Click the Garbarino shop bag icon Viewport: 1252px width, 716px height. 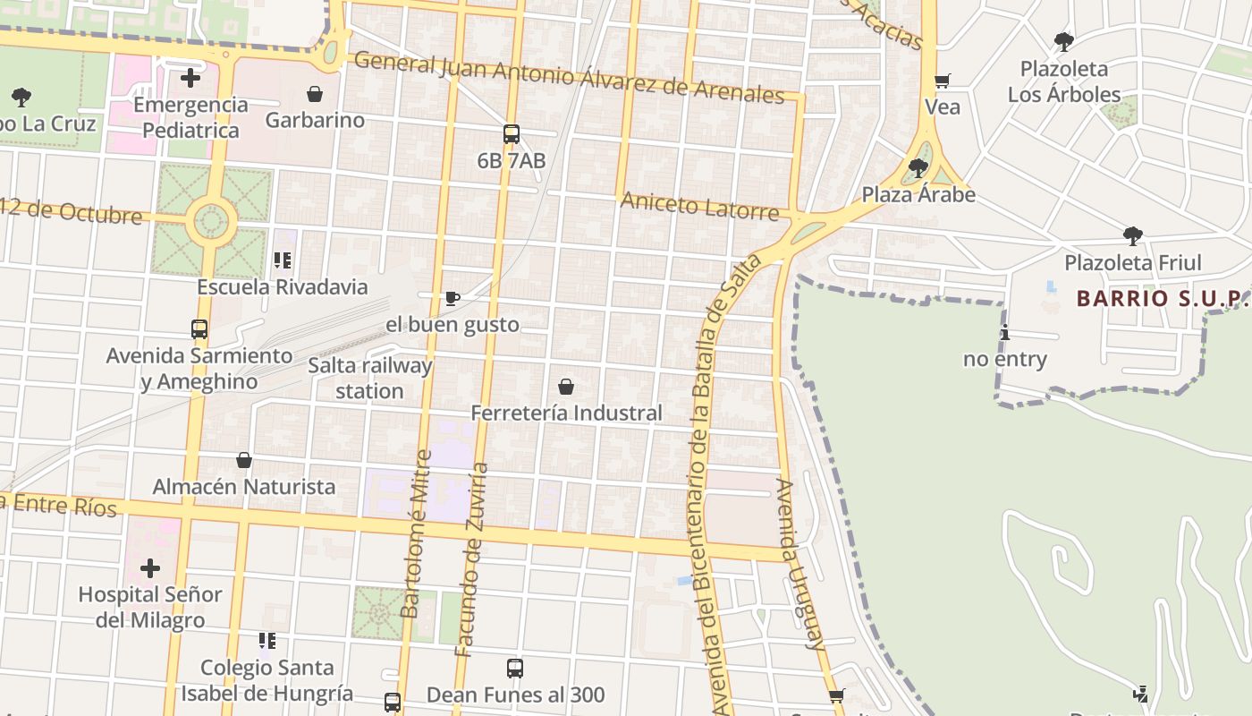pyautogui.click(x=315, y=94)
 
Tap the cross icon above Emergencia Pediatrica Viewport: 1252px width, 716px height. pyautogui.click(x=190, y=78)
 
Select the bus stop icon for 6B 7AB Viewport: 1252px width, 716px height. pyautogui.click(x=512, y=135)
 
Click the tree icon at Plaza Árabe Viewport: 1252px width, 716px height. pyautogui.click(x=918, y=168)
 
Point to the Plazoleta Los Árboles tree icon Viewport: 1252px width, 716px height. pyautogui.click(x=1063, y=42)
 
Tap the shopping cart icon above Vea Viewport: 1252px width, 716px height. pyautogui.click(x=942, y=81)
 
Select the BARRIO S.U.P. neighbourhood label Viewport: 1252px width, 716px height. pyautogui.click(x=1161, y=298)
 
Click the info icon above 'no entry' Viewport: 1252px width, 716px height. pyautogui.click(x=1004, y=333)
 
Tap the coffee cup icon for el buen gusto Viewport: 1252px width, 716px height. pyautogui.click(x=453, y=298)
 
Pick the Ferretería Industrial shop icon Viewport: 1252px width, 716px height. pyautogui.click(x=566, y=387)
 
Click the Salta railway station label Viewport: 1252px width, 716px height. pyautogui.click(x=369, y=378)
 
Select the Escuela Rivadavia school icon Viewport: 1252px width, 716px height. pyautogui.click(x=283, y=260)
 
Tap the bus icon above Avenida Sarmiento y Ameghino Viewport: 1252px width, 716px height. pyautogui.click(x=199, y=329)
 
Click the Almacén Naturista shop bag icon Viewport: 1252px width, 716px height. pyautogui.click(x=244, y=460)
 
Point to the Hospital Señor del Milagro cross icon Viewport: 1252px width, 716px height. pyautogui.click(x=150, y=567)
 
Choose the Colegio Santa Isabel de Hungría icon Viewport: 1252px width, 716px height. pyautogui.click(x=266, y=641)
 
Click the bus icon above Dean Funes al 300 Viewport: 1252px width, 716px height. pyautogui.click(x=515, y=669)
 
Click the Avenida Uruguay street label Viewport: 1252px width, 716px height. pyautogui.click(x=798, y=564)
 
